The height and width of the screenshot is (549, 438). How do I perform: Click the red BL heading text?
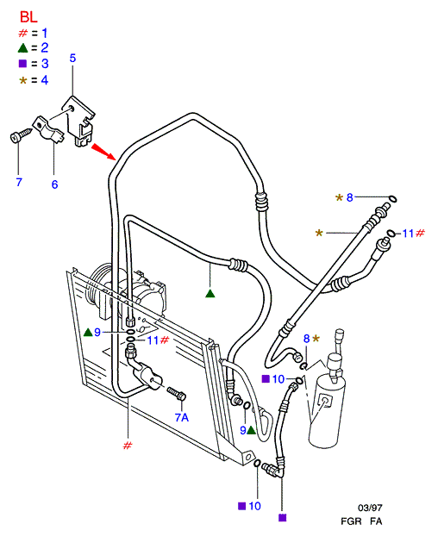point(28,17)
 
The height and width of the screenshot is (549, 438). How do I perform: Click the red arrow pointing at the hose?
point(103,152)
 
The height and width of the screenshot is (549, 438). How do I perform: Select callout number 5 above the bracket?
point(72,58)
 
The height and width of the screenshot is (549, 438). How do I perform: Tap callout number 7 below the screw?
point(19,182)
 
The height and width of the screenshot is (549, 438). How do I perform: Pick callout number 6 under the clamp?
point(54,184)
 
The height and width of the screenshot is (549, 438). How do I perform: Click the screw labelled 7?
point(20,135)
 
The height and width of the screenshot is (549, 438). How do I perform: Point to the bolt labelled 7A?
point(177,394)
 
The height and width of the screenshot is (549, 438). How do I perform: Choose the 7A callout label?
point(182,417)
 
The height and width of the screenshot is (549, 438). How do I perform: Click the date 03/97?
point(370,508)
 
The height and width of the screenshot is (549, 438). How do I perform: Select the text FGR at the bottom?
point(351,521)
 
